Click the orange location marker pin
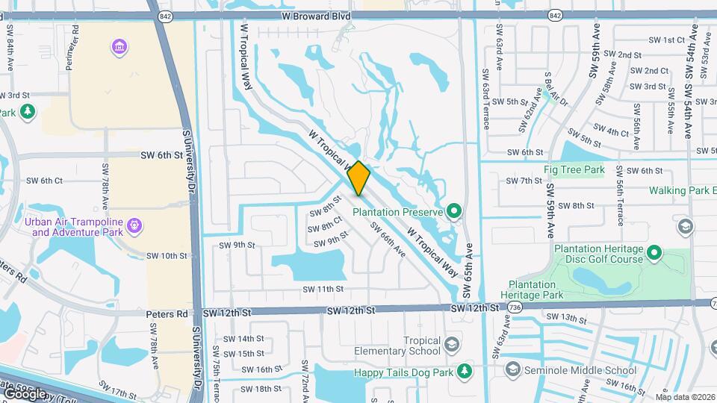[x=359, y=178]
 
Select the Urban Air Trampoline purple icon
[x=134, y=223]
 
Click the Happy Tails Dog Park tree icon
[x=464, y=370]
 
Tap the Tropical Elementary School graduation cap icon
[x=450, y=344]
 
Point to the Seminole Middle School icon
[x=512, y=369]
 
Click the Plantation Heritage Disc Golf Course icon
[x=655, y=253]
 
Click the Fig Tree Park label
[x=574, y=170]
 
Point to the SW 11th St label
[x=323, y=289]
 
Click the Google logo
[x=25, y=393]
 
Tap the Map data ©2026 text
[x=685, y=396]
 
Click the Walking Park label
[x=677, y=190]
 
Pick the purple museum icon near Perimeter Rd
[x=118, y=49]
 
